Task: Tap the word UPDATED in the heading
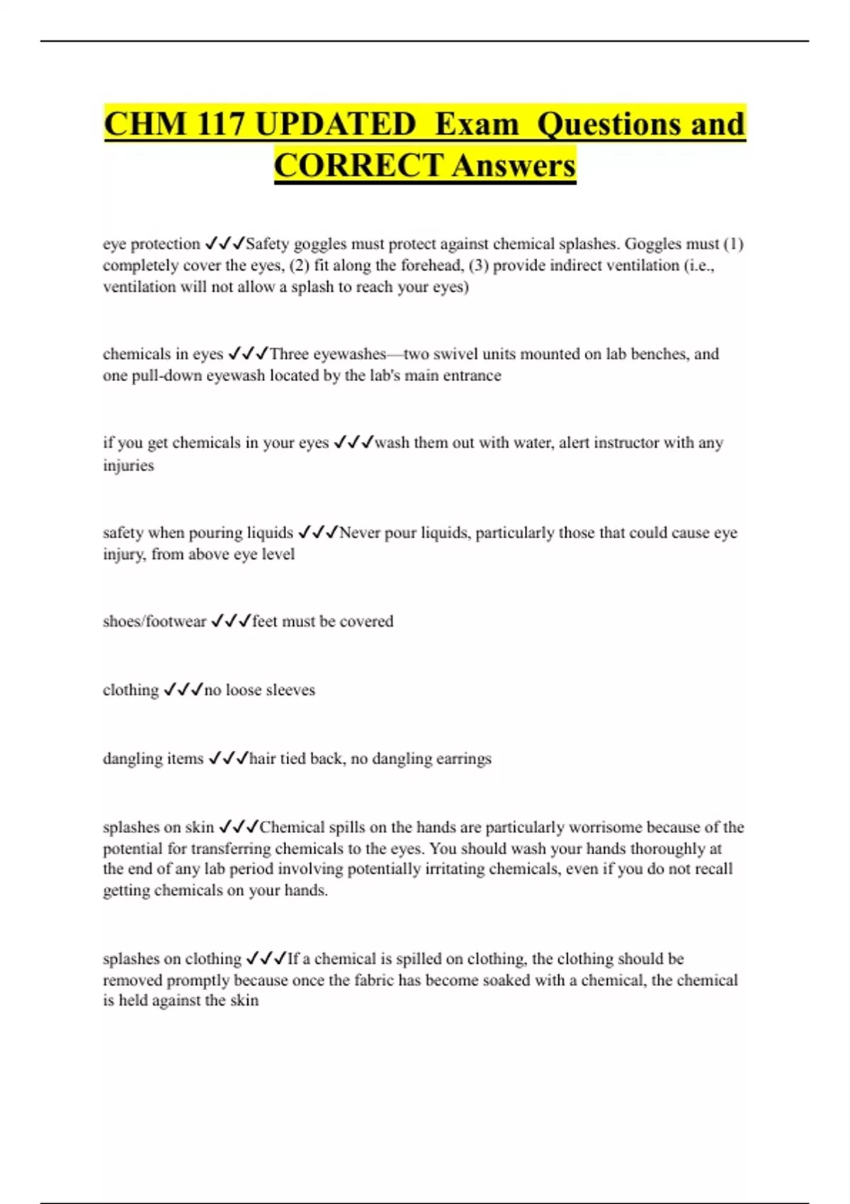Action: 335,124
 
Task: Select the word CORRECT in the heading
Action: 358,166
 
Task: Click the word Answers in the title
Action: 514,166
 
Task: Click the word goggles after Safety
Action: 320,244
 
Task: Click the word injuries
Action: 128,465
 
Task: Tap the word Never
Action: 360,533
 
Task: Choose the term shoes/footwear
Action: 154,621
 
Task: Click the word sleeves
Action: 290,690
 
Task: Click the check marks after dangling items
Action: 228,759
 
